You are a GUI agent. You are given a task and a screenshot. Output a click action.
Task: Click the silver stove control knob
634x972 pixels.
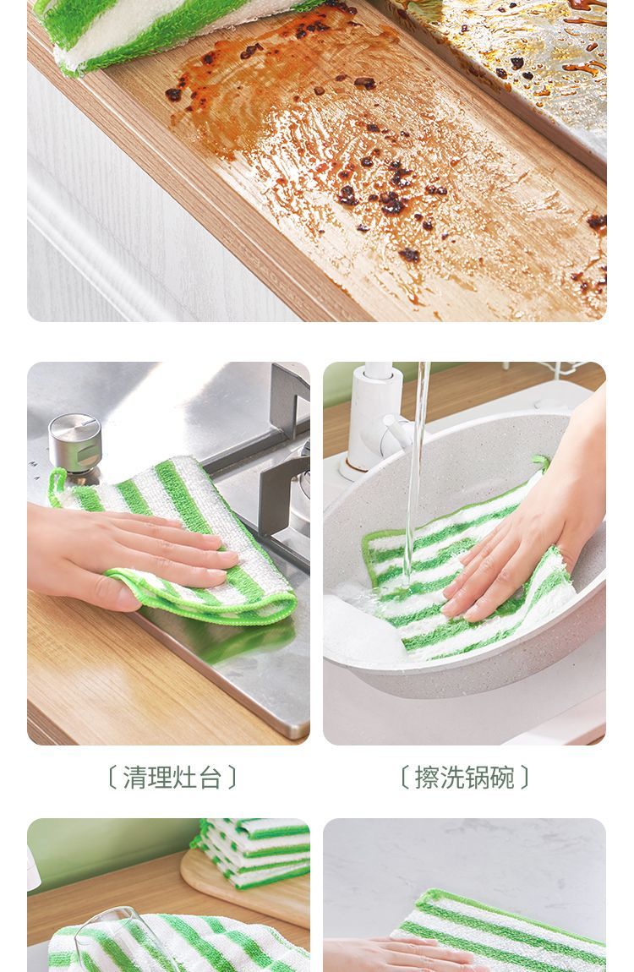75,444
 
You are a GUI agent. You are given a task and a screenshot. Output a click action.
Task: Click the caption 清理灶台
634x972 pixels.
172,777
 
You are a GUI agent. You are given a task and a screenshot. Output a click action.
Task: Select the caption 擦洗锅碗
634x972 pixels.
464,777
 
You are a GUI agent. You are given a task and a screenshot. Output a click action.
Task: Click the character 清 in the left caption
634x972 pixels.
134,777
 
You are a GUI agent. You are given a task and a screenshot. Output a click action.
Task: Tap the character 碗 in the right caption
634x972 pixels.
503,777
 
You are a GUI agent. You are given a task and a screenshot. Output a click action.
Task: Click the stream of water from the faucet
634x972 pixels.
416,471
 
